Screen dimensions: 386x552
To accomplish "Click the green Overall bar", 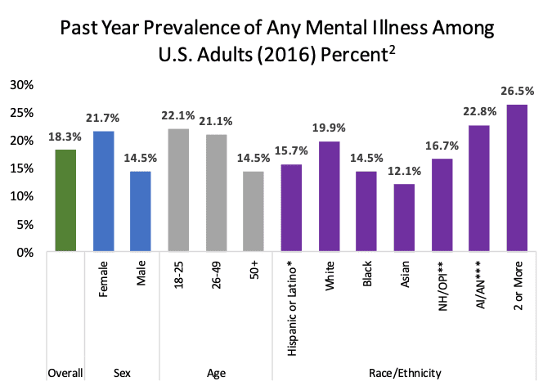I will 65,201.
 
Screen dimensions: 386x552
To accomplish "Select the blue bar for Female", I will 104,191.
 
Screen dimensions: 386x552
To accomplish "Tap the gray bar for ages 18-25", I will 179,191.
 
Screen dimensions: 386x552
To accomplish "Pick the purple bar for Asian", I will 404,218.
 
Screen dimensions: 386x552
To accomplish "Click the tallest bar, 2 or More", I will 517,178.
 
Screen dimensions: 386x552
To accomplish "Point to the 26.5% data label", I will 517,92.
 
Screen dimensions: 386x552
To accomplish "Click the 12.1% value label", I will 404,173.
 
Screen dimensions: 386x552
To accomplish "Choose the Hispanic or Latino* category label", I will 291,303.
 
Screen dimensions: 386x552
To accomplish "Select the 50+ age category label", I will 254,271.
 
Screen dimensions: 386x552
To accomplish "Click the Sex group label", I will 123,373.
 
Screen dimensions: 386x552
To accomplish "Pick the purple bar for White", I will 329,197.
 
